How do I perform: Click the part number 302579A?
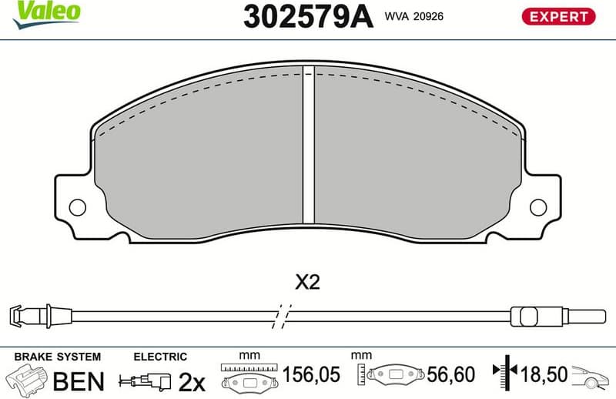[x=307, y=15]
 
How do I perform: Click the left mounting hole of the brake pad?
[x=76, y=206]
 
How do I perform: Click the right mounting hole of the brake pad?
[x=538, y=206]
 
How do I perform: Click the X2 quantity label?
[x=307, y=283]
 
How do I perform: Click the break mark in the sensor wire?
[x=283, y=315]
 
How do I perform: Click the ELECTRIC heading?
[x=160, y=357]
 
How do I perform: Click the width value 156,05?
[x=310, y=375]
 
